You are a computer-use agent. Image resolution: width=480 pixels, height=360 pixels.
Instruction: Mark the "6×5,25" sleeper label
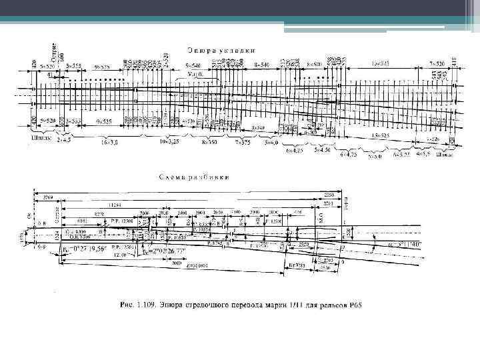point(401,154)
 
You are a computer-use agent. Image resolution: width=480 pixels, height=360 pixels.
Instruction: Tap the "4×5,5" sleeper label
point(424,153)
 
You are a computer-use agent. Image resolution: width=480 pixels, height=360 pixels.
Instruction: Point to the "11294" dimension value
point(115,204)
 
